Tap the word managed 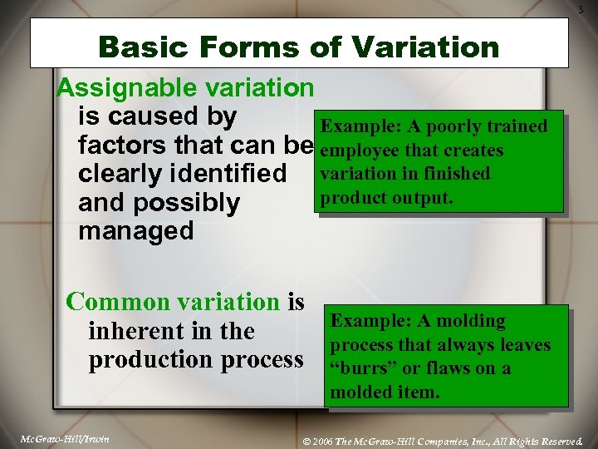pyautogui.click(x=135, y=231)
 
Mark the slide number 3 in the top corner pyautogui.click(x=582, y=7)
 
